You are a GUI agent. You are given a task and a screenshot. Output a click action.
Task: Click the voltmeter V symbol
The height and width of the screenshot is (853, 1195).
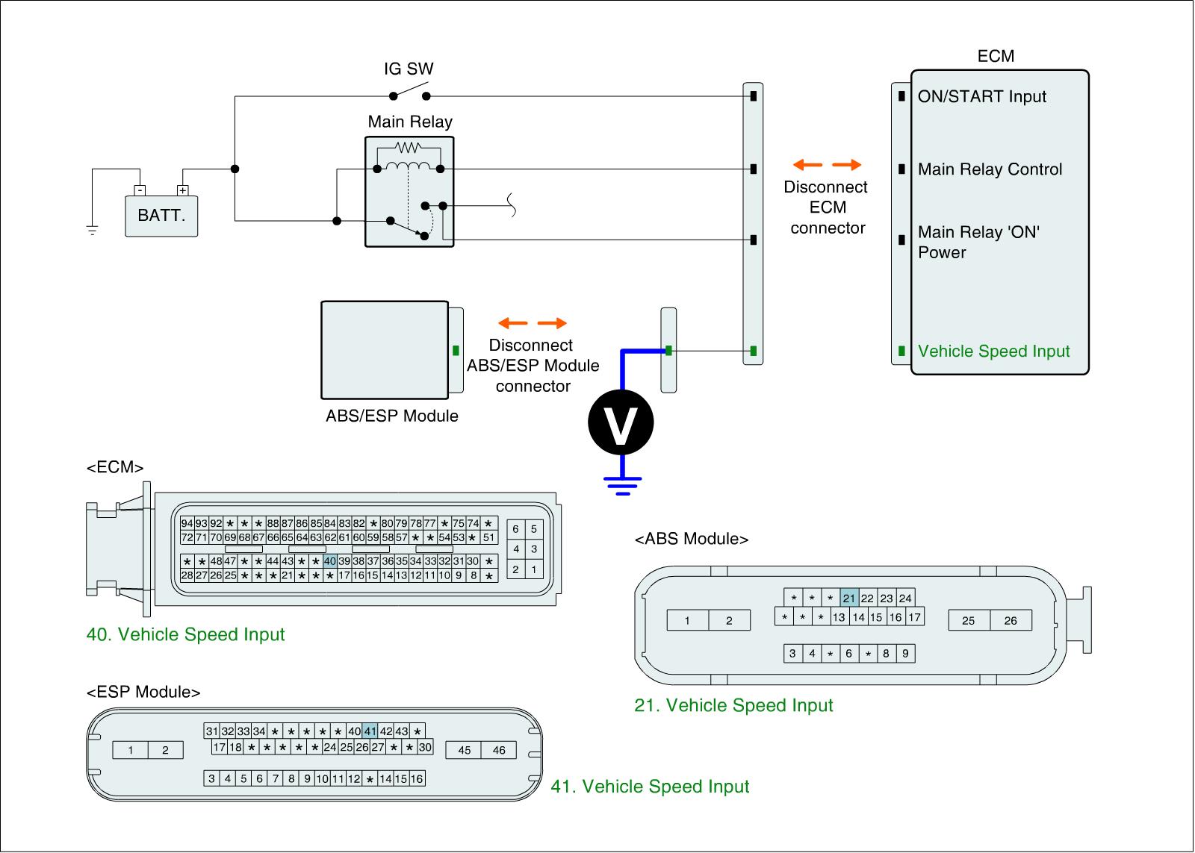point(621,422)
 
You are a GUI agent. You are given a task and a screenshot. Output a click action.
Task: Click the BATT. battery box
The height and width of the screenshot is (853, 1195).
point(161,216)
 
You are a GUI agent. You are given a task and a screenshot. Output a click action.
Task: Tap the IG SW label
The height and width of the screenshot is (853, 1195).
point(409,69)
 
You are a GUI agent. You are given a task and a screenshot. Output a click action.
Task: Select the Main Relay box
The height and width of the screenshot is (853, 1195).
point(409,192)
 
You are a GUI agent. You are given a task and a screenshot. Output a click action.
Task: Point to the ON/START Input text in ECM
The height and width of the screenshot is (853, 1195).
point(981,97)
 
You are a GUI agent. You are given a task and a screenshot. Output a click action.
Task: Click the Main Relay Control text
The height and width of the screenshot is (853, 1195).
point(990,169)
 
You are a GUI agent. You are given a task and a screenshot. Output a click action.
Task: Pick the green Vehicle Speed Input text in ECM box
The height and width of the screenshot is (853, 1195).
point(993,351)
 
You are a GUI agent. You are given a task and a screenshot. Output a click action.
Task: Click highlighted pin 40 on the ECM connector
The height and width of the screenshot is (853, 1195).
point(330,561)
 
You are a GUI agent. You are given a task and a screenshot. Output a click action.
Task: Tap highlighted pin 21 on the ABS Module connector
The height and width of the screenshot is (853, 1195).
point(848,599)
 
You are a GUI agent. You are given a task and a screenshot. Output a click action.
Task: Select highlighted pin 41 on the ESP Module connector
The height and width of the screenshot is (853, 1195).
point(370,731)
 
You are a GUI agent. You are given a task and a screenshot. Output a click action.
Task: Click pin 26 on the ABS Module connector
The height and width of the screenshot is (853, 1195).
point(1011,621)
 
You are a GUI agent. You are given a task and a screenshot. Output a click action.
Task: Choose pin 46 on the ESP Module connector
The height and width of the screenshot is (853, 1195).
point(499,750)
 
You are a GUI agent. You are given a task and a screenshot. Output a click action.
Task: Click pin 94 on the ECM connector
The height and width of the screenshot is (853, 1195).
point(187,523)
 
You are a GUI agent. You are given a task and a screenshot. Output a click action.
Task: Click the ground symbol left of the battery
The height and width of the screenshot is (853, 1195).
point(93,230)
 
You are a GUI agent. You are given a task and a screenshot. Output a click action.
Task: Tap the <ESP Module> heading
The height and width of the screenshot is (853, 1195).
point(143,693)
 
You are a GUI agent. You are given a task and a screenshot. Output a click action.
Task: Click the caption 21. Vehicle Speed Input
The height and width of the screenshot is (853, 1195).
point(733,705)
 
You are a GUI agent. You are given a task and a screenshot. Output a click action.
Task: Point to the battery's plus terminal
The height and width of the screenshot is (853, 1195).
point(183,190)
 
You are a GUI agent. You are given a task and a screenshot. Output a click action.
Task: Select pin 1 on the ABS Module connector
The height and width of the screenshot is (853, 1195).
point(687,621)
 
